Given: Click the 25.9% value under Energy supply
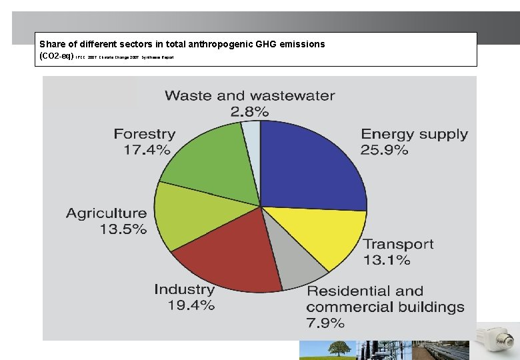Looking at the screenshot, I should click(x=385, y=151).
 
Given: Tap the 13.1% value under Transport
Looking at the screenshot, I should click(x=387, y=261).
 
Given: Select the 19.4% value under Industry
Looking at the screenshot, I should click(x=191, y=305).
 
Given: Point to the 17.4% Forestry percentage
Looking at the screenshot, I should click(x=147, y=150).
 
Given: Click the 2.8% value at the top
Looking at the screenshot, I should click(x=249, y=111).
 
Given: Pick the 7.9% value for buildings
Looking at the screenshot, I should click(x=326, y=323).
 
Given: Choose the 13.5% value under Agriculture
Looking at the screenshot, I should click(x=123, y=229).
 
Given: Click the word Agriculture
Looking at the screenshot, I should click(x=107, y=213).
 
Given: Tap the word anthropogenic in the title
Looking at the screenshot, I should click(x=211, y=44).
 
